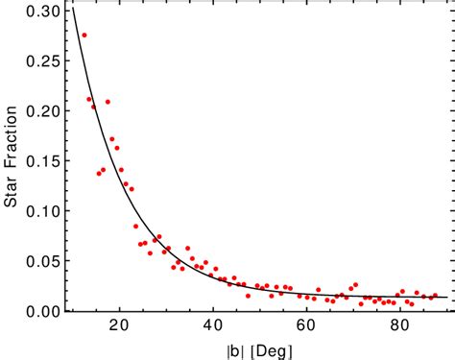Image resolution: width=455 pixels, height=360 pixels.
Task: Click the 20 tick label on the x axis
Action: tap(120, 326)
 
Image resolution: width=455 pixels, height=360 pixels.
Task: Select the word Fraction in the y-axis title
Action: tap(12, 144)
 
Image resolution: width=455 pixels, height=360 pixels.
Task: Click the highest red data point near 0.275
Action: tap(84, 36)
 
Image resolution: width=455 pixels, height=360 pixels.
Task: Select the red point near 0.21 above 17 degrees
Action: tap(108, 102)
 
